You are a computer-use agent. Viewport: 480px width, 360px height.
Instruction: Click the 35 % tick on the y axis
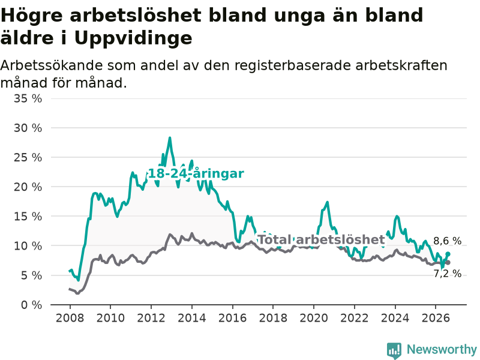point(28,98)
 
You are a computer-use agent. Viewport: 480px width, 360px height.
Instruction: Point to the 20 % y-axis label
point(28,187)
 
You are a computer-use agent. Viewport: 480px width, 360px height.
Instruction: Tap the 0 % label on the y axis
point(32,305)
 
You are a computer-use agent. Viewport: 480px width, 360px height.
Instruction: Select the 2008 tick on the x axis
point(70,318)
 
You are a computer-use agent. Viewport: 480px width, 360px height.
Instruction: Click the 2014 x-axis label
point(192,318)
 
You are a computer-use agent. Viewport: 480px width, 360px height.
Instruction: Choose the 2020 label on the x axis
point(314,318)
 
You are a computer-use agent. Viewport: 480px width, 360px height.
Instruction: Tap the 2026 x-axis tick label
point(436,318)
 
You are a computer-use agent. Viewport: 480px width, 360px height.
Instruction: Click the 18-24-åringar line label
point(196,173)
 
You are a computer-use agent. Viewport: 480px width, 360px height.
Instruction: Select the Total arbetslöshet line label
point(322,239)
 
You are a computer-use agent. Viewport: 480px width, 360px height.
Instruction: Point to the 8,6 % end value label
point(447,241)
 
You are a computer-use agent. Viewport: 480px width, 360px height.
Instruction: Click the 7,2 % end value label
point(447,274)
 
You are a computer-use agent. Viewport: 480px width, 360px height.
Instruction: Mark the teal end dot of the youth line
point(448,254)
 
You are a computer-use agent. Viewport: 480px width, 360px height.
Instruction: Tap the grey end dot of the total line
point(448,263)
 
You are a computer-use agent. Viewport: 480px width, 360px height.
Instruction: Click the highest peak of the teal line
point(170,138)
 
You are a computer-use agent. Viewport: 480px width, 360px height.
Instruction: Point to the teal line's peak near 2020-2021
point(327,202)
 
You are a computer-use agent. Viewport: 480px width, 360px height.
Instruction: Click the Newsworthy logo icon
point(394,350)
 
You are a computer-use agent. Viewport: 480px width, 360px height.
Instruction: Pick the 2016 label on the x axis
point(232,318)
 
